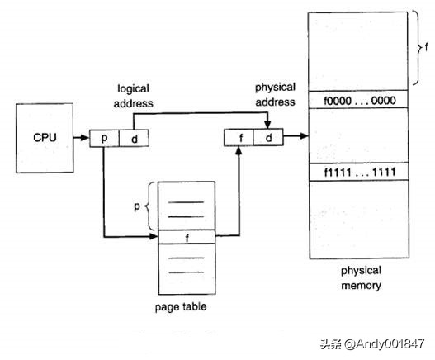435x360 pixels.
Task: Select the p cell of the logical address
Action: [x=105, y=138]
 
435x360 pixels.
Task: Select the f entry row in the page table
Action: [x=186, y=237]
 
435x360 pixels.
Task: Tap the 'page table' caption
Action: [x=180, y=307]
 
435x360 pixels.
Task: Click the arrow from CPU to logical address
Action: [x=80, y=137]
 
